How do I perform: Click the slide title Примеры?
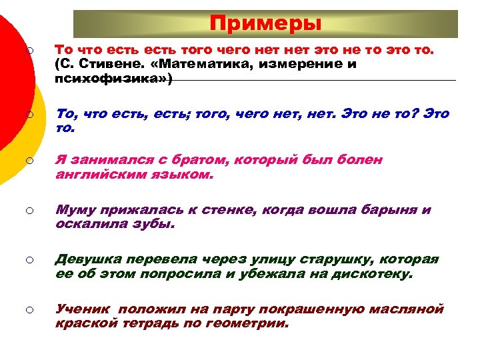tap(265, 24)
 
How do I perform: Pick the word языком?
tap(185, 176)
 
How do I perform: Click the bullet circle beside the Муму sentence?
tap(31, 211)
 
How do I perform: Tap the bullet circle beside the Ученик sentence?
tap(31, 309)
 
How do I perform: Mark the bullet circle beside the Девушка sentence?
tap(31, 259)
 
